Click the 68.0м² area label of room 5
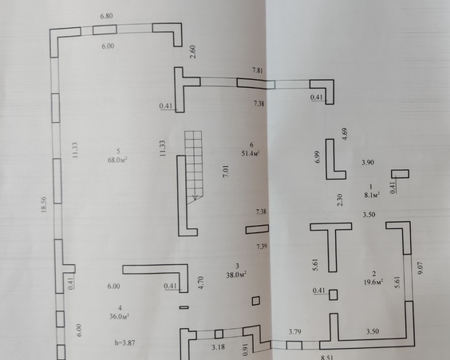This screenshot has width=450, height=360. (x=117, y=160)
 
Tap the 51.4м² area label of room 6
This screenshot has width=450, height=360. (x=251, y=153)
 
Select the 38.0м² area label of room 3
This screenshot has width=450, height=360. (x=236, y=275)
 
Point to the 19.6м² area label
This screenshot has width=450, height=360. (x=373, y=283)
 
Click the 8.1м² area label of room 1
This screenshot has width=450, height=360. (x=373, y=196)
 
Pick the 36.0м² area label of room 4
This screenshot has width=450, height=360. (x=119, y=316)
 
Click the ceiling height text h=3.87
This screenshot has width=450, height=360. (x=124, y=342)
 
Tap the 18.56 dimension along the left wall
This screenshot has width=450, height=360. (x=44, y=204)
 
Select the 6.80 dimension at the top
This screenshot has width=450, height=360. (x=106, y=16)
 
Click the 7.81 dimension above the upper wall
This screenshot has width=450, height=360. (x=258, y=70)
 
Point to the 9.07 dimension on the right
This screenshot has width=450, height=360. (x=420, y=268)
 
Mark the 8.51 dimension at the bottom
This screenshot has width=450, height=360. (x=327, y=358)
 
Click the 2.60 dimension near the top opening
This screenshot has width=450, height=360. (x=193, y=52)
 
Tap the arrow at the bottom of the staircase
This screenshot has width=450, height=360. (x=195, y=196)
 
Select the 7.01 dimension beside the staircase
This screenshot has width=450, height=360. (x=226, y=171)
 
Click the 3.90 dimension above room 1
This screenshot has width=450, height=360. (x=368, y=163)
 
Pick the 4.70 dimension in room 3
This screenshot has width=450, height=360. (x=201, y=283)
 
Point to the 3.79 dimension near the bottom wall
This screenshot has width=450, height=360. (x=294, y=332)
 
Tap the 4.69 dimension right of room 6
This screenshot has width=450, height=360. (x=345, y=134)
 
